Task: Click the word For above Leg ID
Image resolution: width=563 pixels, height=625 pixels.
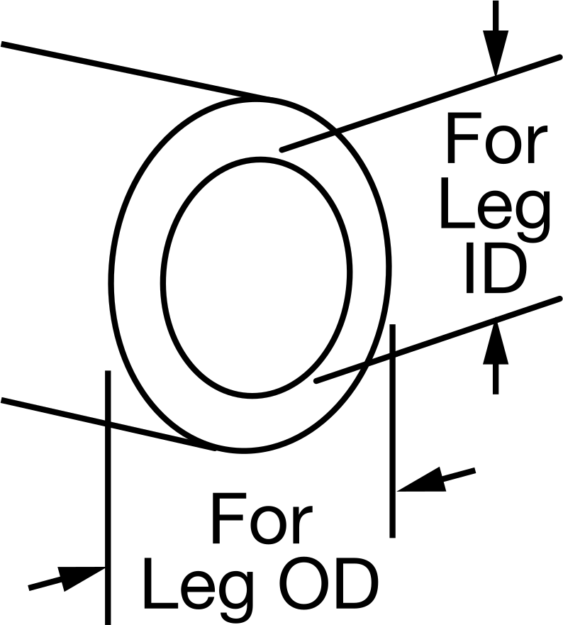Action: point(496,138)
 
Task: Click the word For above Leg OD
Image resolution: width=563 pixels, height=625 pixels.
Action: point(262,518)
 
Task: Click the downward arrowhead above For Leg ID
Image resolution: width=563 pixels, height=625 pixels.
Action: point(496,52)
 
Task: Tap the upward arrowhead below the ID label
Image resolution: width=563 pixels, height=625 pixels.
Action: point(496,343)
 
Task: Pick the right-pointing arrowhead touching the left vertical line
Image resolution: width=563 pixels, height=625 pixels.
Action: point(82,578)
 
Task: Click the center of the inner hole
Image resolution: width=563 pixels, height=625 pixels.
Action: point(256,277)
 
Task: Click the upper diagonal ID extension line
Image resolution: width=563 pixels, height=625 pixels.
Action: point(420,104)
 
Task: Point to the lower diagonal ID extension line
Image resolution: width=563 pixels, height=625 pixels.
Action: point(438,340)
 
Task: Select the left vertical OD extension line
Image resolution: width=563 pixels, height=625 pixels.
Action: point(108,497)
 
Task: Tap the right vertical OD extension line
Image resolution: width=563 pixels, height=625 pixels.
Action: point(392,431)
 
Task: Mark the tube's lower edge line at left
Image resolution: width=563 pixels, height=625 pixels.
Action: point(108,424)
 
